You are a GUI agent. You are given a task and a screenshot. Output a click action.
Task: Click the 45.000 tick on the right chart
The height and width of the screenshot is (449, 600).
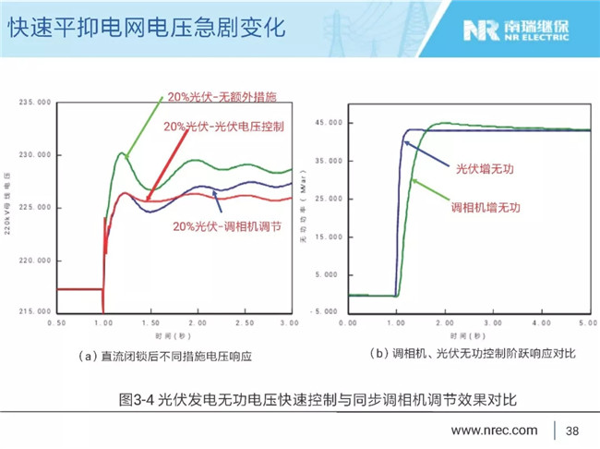330,122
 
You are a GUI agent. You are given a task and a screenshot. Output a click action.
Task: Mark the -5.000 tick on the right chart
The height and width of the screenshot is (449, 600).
329,312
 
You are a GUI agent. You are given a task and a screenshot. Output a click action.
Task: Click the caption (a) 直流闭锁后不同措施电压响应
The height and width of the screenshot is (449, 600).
165,355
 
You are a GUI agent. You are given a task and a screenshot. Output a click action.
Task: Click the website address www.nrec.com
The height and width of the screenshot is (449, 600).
494,430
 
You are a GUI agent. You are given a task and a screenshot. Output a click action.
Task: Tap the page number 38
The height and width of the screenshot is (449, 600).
572,430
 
